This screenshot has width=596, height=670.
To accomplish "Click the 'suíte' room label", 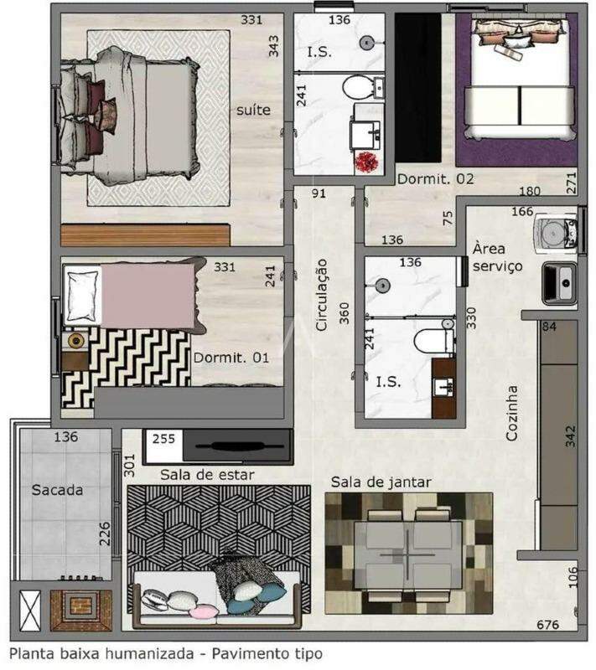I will click(252, 110).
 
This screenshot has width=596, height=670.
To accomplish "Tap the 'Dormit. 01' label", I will click(231, 358).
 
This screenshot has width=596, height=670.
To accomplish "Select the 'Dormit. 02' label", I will click(435, 179).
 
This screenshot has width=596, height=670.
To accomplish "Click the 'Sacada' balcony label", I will click(58, 490).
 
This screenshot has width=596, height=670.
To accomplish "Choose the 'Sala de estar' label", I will click(207, 475).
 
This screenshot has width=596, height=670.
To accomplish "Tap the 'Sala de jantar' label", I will click(381, 482).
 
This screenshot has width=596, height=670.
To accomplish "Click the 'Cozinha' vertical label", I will click(512, 413).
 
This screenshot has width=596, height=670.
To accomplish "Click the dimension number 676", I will click(548, 626).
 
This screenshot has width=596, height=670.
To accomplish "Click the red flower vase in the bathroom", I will click(365, 162).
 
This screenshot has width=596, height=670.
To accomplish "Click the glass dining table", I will click(407, 553).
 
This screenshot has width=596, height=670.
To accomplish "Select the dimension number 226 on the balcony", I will click(105, 533).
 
